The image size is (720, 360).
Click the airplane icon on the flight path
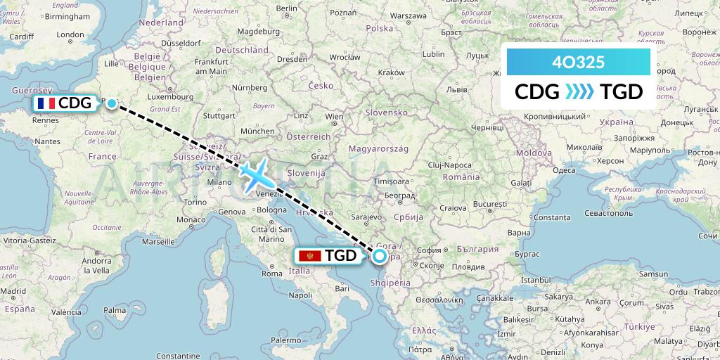point(256,174)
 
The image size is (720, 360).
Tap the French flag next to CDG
point(47,103)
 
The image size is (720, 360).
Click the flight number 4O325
point(578,63)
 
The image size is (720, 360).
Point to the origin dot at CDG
point(112,103)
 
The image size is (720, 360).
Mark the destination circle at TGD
point(380,256)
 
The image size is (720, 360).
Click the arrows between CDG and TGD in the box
point(579,92)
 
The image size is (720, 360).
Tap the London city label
point(70,34)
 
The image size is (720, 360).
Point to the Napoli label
point(300,295)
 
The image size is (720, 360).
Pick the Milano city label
point(219,182)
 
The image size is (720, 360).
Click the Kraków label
point(392,72)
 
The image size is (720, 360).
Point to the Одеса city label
point(564,170)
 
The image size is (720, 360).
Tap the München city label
point(257,131)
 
